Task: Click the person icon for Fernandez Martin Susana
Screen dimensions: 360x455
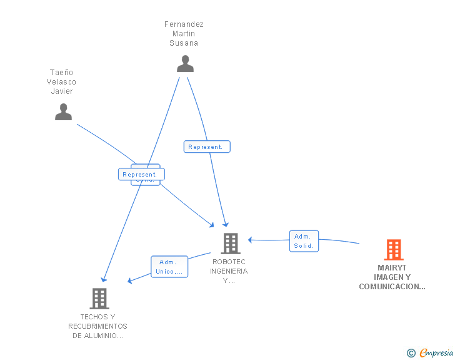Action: coord(185,64)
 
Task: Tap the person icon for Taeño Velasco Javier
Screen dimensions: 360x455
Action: coord(63,112)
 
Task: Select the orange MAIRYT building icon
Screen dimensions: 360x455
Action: coord(393,250)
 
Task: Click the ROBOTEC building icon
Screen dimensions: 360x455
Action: coord(230,244)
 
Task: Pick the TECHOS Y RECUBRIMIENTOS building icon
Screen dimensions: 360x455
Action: coord(99,299)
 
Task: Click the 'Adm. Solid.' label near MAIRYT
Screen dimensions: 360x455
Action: coord(304,241)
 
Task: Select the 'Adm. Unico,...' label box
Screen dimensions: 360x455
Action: coord(169,267)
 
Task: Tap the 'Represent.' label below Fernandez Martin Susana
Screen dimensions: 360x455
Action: coord(207,147)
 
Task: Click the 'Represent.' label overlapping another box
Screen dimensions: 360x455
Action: coord(141,174)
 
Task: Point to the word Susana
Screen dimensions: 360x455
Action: coord(184,43)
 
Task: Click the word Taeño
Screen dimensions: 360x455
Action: coord(62,73)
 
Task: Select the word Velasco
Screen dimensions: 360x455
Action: coord(62,82)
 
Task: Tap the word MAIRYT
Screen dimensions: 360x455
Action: coord(392,268)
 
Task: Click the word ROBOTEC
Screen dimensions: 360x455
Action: coord(229,262)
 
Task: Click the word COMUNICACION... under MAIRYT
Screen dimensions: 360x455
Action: coord(392,287)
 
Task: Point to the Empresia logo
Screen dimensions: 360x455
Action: coord(436,352)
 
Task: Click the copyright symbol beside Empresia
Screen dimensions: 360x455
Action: coord(411,353)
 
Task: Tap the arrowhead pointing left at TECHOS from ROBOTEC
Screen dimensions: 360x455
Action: coord(131,280)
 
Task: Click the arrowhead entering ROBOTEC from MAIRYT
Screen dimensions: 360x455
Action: coord(250,239)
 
